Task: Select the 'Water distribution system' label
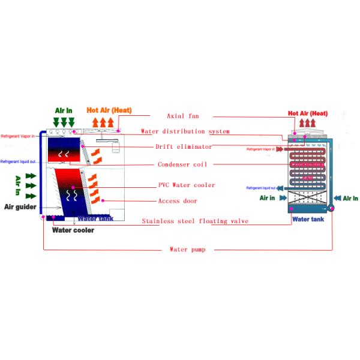(x=185, y=131)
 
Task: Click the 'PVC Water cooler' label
(x=187, y=185)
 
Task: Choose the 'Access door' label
(x=178, y=201)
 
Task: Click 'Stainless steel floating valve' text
(x=195, y=221)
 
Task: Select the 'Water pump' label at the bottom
(x=187, y=249)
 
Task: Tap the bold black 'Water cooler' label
(x=73, y=230)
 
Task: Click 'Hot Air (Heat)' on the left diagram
(x=109, y=110)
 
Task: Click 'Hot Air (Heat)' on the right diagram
(x=308, y=113)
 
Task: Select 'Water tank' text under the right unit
(x=308, y=220)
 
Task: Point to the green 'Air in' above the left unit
(x=64, y=110)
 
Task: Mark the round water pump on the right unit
(x=331, y=208)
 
